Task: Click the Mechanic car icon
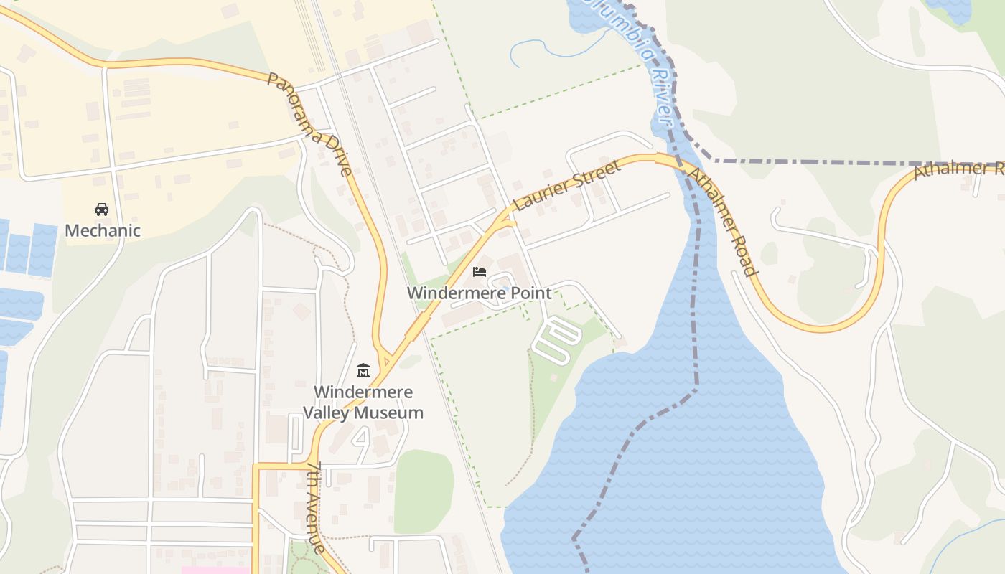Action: [x=102, y=210]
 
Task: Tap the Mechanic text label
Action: [x=103, y=230]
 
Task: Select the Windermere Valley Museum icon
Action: [x=363, y=371]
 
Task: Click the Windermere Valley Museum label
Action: [x=363, y=403]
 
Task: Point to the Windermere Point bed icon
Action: [x=480, y=272]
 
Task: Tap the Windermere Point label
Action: [x=480, y=293]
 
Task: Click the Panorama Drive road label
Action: [x=310, y=123]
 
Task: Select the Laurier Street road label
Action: [x=567, y=185]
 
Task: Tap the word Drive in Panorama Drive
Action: [x=337, y=154]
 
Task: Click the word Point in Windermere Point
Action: [x=530, y=293]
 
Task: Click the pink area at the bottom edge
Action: [x=215, y=570]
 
